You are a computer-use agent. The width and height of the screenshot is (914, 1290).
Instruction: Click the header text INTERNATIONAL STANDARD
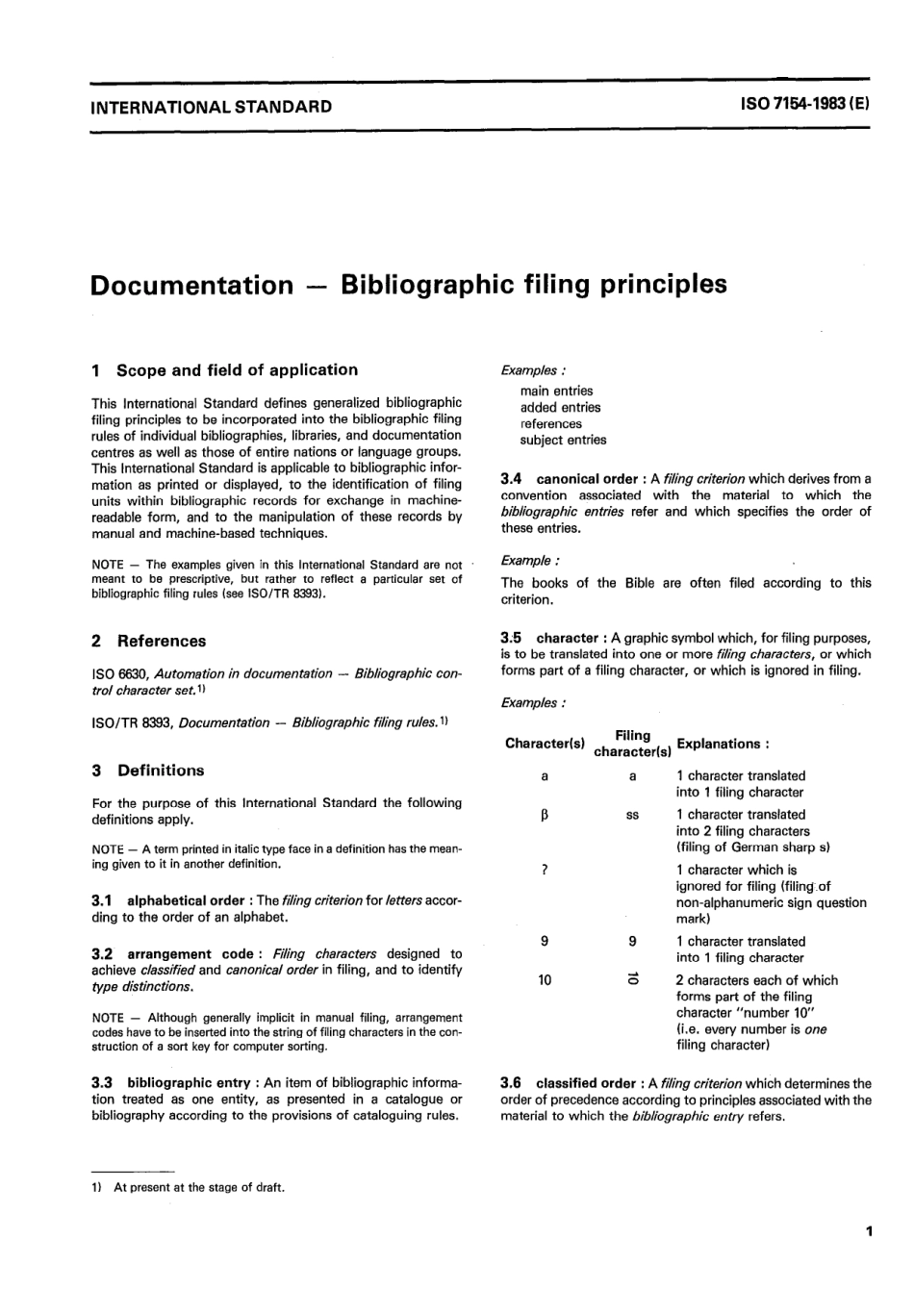point(211,107)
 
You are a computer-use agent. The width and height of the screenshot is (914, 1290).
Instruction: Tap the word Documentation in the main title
point(190,286)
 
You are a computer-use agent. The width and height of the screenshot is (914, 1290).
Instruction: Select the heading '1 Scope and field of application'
point(224,370)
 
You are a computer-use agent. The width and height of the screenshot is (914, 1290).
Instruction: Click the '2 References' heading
point(149,642)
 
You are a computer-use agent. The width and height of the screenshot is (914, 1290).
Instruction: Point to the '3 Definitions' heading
point(148,771)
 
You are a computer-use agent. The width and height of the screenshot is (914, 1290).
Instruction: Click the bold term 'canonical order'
point(587,479)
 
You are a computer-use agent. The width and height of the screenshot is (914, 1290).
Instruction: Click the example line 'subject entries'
point(564,441)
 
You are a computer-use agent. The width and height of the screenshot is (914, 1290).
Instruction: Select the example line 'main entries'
point(557,392)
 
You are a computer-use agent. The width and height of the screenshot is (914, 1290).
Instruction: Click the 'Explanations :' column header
point(723,744)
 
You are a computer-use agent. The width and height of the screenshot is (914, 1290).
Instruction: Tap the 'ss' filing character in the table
point(632,815)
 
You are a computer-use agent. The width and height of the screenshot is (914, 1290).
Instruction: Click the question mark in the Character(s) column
point(546,871)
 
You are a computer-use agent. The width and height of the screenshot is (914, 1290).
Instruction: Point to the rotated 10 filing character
point(632,980)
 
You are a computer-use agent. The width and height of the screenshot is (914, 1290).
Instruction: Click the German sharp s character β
point(546,815)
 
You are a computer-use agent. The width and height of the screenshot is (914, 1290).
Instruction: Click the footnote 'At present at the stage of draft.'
point(199,1188)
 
